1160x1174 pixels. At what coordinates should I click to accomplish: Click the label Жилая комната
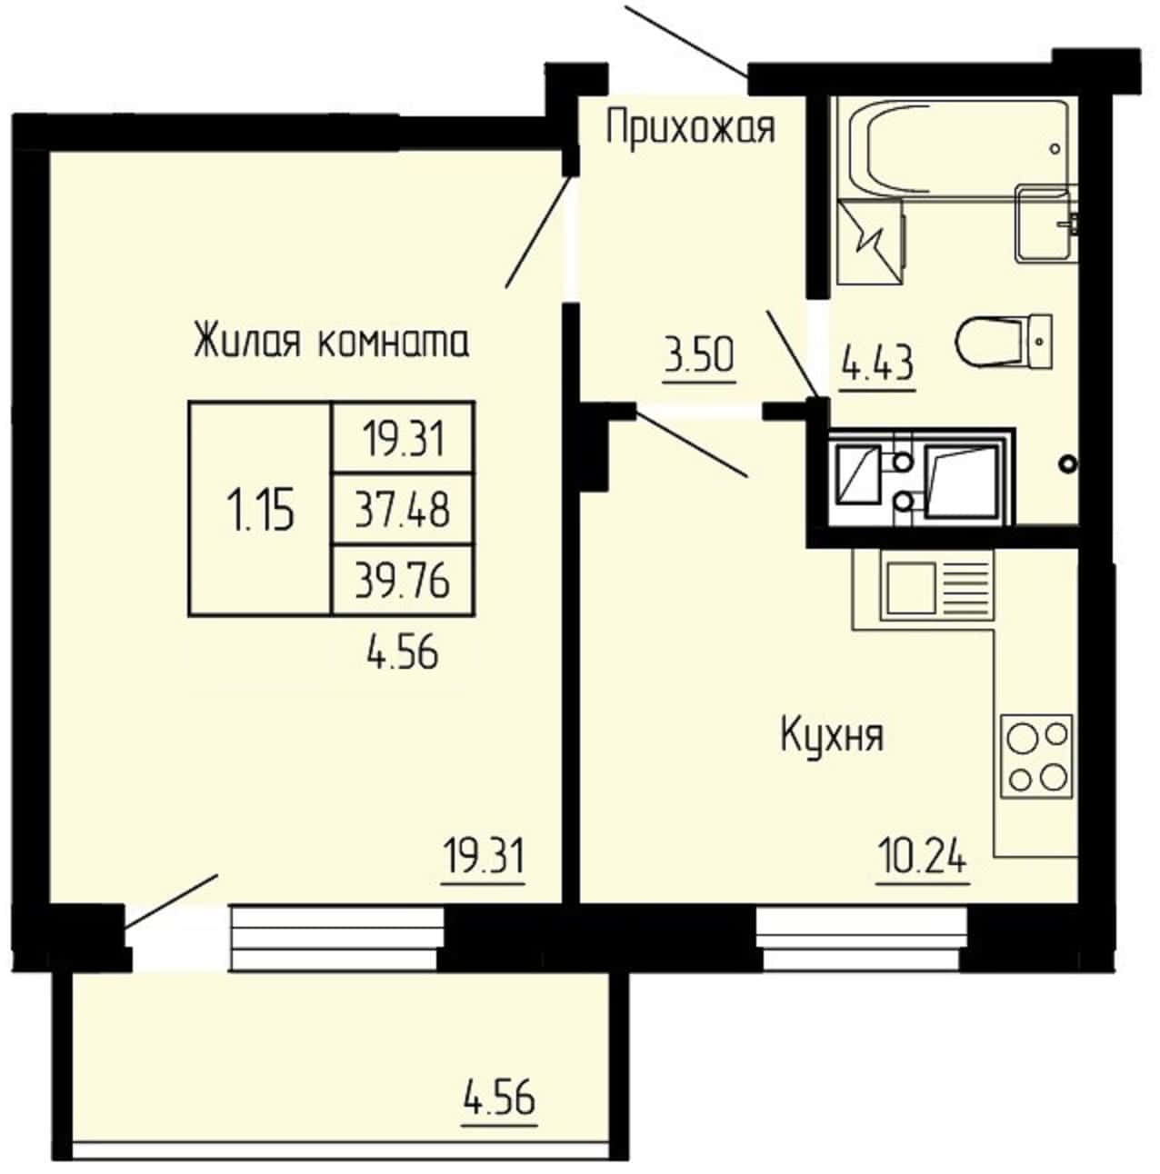click(x=331, y=342)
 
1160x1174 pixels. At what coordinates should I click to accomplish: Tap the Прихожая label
click(x=691, y=128)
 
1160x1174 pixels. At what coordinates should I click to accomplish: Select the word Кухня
click(x=832, y=736)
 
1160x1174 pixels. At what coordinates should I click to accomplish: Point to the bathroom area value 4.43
click(x=877, y=363)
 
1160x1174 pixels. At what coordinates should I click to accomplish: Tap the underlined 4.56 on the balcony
click(x=500, y=1098)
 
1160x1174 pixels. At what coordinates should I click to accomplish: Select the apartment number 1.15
click(x=260, y=510)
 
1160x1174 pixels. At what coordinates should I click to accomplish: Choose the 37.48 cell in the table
click(x=403, y=510)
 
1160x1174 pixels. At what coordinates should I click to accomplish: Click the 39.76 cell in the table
click(x=403, y=580)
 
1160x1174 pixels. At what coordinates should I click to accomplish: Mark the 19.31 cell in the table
click(x=404, y=439)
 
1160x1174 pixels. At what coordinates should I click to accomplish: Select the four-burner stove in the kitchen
click(x=1037, y=756)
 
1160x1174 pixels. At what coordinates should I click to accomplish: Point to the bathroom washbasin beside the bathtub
click(x=1046, y=224)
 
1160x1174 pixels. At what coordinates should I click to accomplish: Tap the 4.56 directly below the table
click(x=403, y=652)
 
